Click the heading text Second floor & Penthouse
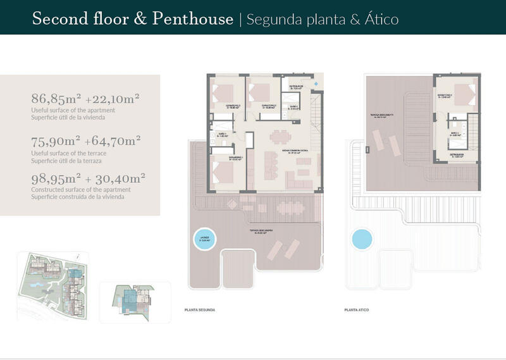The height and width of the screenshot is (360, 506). tap(132, 19)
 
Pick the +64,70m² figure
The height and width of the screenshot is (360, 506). tap(114, 140)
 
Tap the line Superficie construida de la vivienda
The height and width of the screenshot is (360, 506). tap(78, 197)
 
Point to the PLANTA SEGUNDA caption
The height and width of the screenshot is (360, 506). tap(199, 310)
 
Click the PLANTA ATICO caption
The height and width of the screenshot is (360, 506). tap(357, 310)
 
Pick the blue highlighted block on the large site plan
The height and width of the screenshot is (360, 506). tap(75, 277)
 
